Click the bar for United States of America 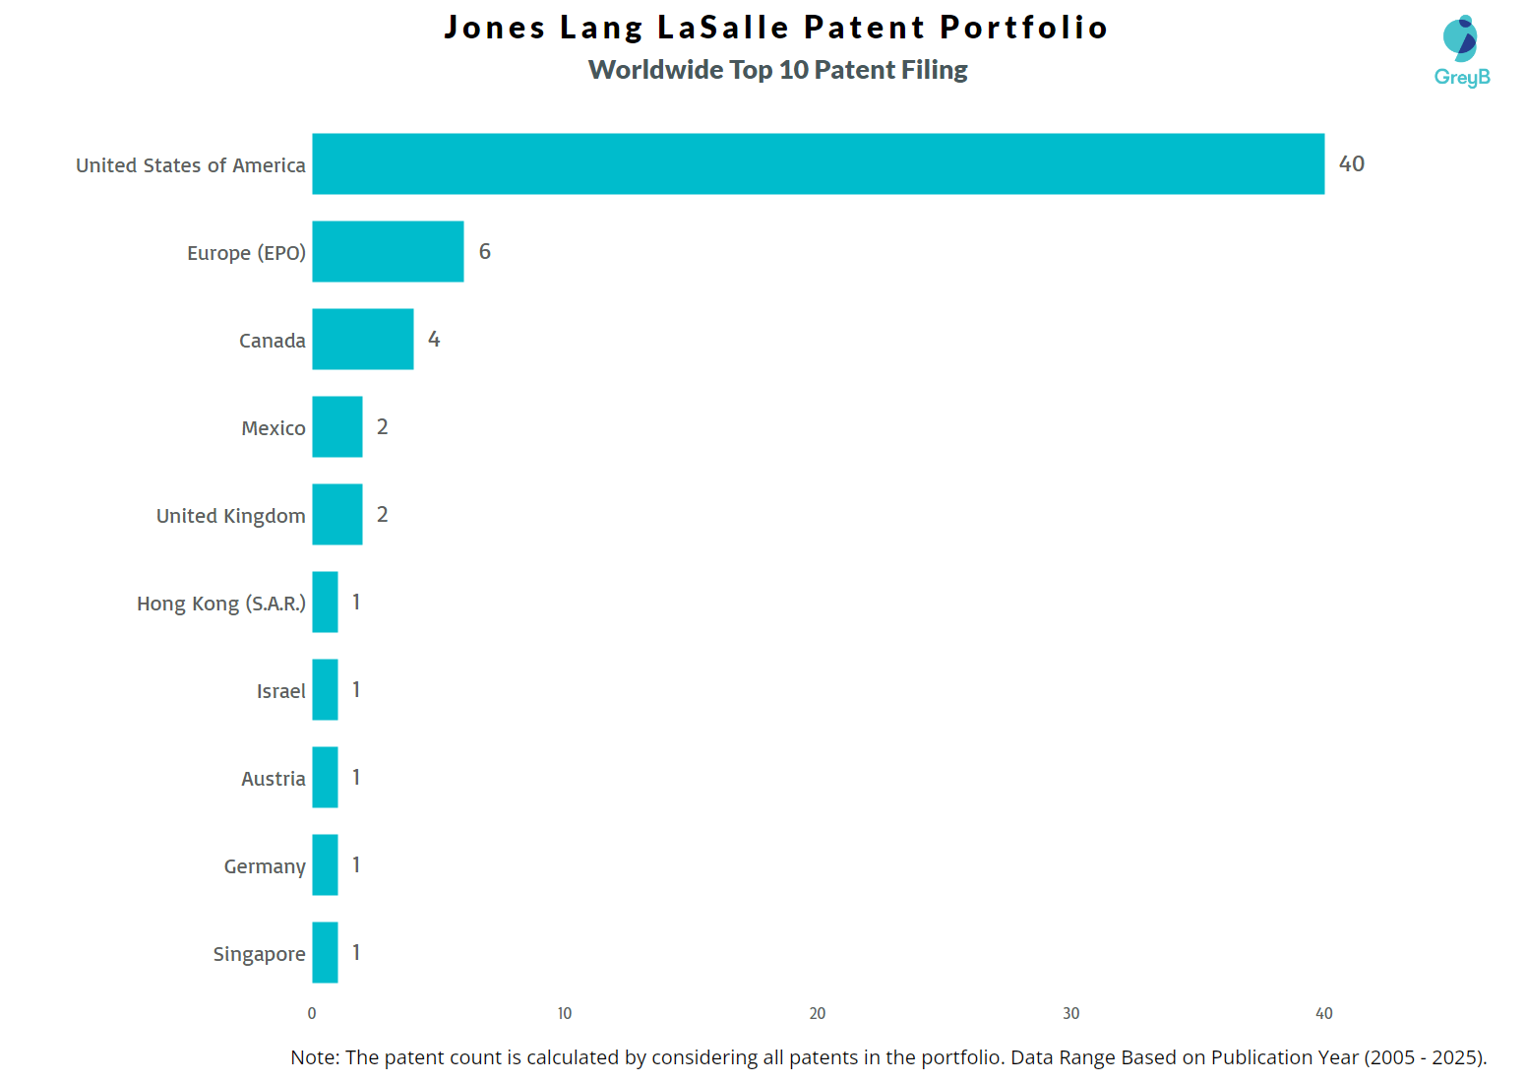tap(818, 163)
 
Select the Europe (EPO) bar tap(388, 251)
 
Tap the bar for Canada tap(362, 339)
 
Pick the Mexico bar tap(337, 426)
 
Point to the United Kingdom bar tap(337, 514)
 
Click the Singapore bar tap(325, 952)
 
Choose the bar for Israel tap(325, 689)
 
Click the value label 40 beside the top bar tap(1351, 163)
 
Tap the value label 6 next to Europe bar tap(484, 251)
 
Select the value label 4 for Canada tap(434, 339)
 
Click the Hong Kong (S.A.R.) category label tap(220, 603)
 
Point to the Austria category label tap(273, 779)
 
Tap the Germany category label tap(264, 866)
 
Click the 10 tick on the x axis tap(565, 1013)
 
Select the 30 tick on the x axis tap(1070, 1013)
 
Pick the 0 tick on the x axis tap(312, 1013)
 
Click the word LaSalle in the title tap(723, 28)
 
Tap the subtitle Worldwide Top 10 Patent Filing tap(777, 70)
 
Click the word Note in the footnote tap(313, 1057)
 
